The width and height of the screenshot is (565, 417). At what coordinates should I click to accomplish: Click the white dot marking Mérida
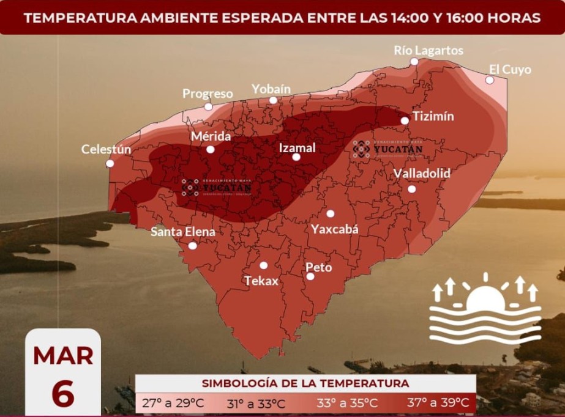point(210,149)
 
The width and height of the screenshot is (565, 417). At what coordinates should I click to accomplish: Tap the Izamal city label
point(297,147)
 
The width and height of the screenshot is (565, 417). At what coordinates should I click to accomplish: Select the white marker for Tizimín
point(405,120)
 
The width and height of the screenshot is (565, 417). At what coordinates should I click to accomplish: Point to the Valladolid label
point(422,174)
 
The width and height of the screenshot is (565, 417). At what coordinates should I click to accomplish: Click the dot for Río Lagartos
point(414,61)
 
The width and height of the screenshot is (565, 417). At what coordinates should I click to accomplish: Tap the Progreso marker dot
point(208,106)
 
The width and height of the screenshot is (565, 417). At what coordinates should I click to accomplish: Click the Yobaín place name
point(271,89)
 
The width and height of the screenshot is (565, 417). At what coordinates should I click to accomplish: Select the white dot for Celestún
point(110,163)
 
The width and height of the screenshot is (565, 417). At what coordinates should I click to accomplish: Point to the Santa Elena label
point(183,232)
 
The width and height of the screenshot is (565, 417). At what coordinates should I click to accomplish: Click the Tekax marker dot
point(264,265)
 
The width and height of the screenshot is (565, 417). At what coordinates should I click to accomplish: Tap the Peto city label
point(318,267)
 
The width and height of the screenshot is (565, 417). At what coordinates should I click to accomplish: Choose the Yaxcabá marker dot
point(330,213)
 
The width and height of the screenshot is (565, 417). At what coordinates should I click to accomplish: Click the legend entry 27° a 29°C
point(173,403)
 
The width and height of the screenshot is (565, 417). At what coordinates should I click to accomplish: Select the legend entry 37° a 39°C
point(438,403)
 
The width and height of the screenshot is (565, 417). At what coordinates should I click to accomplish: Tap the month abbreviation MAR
point(63,356)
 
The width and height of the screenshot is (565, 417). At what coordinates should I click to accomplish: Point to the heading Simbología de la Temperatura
point(305,383)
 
